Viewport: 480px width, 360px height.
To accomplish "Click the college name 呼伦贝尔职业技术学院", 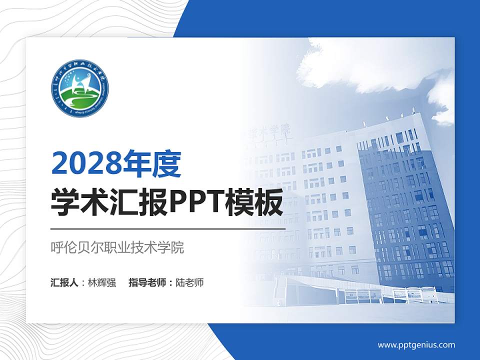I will pos(117,247).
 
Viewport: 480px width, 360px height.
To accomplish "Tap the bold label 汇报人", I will pos(64,282).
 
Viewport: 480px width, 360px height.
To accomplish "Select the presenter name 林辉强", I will pos(101,282).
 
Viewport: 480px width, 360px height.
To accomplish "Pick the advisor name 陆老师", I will pos(189,282).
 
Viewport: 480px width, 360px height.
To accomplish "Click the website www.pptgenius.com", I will pos(416,345).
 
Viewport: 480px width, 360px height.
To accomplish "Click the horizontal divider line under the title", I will pos(168,228).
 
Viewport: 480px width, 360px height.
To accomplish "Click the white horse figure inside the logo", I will pos(79,85).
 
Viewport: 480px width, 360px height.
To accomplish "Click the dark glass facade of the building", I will pos(405,210).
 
